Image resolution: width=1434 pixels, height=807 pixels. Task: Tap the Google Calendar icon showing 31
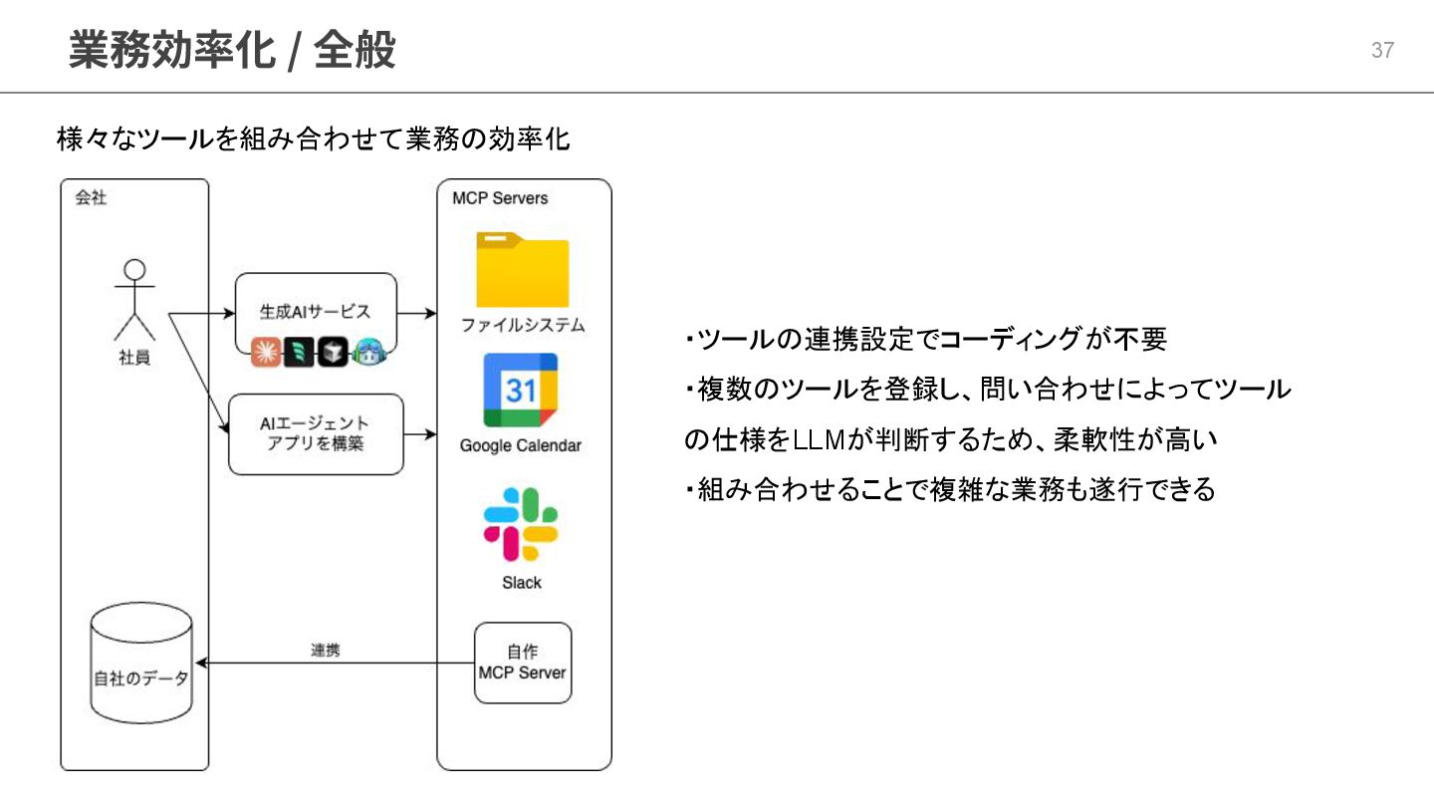click(521, 391)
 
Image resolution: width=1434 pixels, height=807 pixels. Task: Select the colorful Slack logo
click(521, 524)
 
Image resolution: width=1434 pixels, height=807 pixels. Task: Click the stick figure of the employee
click(134, 300)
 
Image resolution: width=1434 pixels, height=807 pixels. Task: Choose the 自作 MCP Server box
click(523, 663)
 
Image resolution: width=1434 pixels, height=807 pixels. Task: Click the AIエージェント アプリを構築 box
click(316, 434)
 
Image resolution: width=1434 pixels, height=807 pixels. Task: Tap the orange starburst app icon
click(266, 352)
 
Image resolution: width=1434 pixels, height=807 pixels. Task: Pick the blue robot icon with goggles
click(369, 352)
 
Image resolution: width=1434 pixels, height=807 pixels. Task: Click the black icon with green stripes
click(299, 352)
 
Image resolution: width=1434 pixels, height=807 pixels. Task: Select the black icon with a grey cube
click(334, 352)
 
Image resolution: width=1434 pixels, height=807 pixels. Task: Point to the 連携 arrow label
click(325, 651)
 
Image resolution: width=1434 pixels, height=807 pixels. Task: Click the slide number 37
click(1382, 51)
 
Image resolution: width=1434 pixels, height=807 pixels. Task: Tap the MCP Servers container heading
click(500, 198)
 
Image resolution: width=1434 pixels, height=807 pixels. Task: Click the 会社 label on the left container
click(91, 197)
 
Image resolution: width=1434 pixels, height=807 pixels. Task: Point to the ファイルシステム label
click(522, 326)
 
